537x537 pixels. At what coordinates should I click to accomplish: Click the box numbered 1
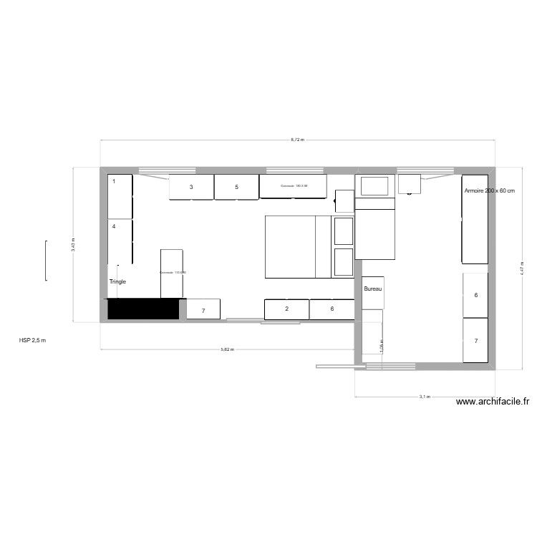pos(120,196)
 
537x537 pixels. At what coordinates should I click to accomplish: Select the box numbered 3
pos(191,187)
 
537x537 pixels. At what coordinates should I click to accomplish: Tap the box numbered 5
pos(236,187)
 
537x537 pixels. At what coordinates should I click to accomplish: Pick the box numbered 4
pos(120,241)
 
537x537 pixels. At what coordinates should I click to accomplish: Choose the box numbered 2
pos(286,309)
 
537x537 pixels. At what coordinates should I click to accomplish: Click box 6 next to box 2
pos(332,309)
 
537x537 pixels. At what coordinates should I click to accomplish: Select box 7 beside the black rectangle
pos(203,310)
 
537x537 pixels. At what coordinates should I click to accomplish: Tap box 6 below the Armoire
pos(475,295)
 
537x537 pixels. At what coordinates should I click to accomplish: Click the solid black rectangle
pos(143,309)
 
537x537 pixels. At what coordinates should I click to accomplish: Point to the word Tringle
pos(117,281)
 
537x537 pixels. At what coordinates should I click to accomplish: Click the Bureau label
pos(372,289)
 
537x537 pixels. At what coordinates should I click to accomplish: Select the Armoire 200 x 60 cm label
pos(489,191)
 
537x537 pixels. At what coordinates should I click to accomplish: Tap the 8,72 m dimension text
pos(297,140)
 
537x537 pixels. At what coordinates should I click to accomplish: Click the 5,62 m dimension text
pos(227,349)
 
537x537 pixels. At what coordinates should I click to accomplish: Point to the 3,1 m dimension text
pos(424,396)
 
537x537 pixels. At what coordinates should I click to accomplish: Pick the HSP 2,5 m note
pos(32,341)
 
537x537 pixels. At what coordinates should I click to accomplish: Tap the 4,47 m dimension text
pos(522,268)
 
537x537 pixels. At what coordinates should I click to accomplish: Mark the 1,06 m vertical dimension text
pos(382,346)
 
